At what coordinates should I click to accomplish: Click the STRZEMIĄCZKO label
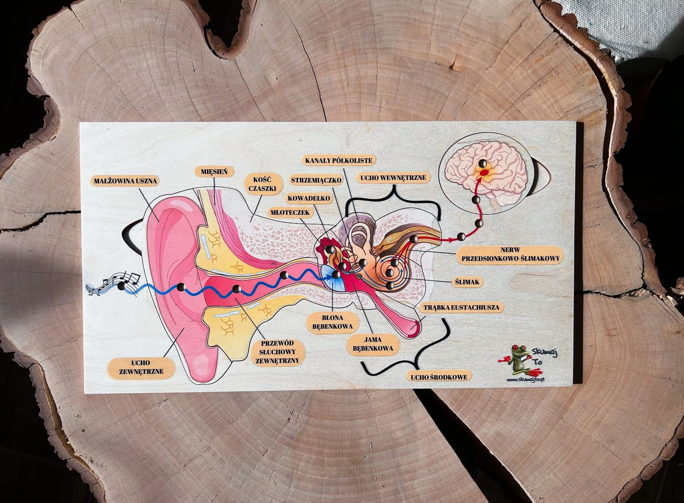[316, 180]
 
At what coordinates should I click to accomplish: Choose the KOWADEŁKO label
[309, 198]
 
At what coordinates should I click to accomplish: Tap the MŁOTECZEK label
[290, 212]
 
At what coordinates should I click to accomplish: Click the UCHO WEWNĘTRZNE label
[392, 178]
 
